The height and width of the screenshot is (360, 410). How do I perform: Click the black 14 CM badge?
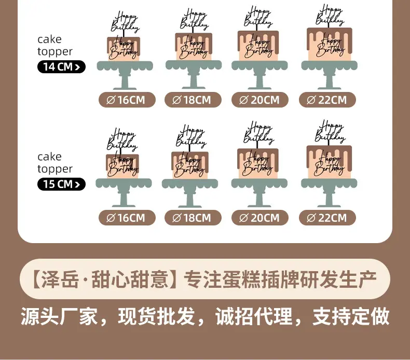(61, 67)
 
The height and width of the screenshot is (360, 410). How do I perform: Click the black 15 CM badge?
(61, 184)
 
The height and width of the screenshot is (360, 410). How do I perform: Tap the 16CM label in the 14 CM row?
(127, 100)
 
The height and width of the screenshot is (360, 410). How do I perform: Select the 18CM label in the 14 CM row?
(193, 100)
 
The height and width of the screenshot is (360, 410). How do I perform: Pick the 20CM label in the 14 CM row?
(260, 100)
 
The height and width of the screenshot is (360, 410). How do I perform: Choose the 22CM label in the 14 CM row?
(327, 100)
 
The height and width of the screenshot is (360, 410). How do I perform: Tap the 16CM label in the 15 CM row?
(127, 218)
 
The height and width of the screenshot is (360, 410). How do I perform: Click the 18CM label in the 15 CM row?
(193, 218)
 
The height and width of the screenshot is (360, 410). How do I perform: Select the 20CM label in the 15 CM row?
(260, 218)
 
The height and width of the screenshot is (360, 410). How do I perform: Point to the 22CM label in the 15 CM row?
(327, 218)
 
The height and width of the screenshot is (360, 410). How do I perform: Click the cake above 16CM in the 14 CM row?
(124, 49)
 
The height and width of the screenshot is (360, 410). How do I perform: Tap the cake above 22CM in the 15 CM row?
(329, 162)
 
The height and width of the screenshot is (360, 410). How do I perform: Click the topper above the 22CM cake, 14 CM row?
(330, 16)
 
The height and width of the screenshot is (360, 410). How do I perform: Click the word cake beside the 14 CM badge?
(49, 39)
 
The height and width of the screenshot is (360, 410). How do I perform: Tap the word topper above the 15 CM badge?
(55, 169)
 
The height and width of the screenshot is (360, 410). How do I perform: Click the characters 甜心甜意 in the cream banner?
(130, 279)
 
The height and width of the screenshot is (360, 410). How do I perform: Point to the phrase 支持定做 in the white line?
(351, 316)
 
